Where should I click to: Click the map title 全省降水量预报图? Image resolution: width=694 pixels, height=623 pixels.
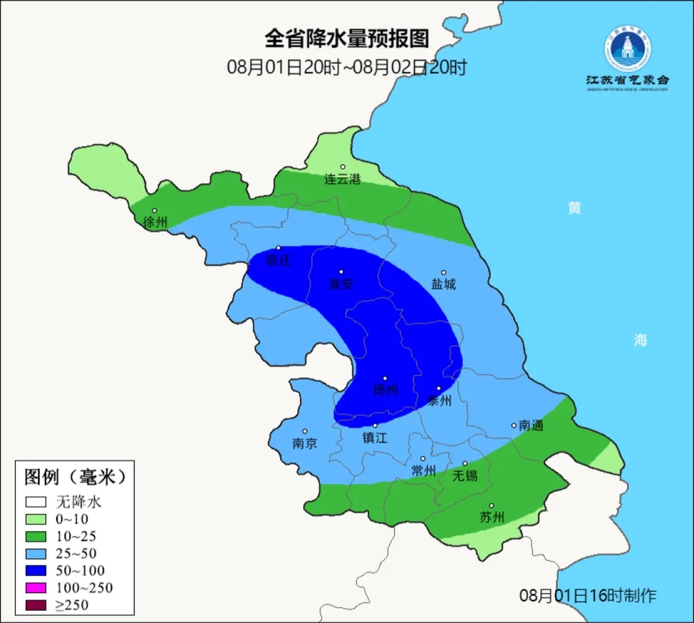tap(346, 39)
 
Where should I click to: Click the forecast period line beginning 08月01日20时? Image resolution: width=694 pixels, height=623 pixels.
tap(346, 67)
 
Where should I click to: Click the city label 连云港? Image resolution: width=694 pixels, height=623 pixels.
tap(342, 180)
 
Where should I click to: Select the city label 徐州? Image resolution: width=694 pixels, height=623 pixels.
tap(155, 222)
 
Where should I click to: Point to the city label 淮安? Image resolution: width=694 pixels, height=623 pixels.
tap(341, 284)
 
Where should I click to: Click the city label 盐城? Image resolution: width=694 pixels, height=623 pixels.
tap(444, 284)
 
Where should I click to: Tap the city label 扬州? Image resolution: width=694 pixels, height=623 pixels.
tap(386, 390)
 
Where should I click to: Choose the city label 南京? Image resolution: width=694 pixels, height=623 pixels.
tap(305, 444)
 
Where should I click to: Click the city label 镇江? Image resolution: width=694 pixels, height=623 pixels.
tap(374, 438)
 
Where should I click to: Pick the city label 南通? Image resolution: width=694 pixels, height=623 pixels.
tap(531, 426)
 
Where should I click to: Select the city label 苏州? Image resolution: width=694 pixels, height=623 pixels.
tap(492, 518)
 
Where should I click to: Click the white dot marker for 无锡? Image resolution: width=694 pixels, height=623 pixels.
tap(465, 464)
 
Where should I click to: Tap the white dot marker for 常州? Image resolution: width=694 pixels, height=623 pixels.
tap(423, 459)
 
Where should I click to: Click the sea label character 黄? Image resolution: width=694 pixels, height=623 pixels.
tap(574, 208)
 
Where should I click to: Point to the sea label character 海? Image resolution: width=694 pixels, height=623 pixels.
tap(640, 340)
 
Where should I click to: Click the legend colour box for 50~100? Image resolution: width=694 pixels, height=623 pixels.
tap(37, 571)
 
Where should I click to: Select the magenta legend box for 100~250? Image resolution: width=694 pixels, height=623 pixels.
tap(37, 588)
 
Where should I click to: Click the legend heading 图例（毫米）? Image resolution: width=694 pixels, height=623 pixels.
tap(75, 477)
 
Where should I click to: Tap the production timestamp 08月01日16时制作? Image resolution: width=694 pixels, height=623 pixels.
tap(588, 596)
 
